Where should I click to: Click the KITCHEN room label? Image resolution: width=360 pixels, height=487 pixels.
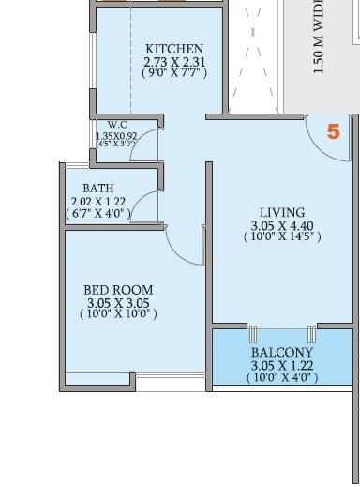[x=174, y=49]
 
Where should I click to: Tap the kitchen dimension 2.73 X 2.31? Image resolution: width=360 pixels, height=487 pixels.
[x=174, y=61]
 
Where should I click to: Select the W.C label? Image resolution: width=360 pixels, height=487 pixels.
[x=117, y=125]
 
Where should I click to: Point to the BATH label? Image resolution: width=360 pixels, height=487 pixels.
[x=98, y=189]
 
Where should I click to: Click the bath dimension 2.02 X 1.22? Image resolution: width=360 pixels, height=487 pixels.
[x=97, y=201]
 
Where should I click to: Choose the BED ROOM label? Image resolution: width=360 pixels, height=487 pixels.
[x=118, y=290]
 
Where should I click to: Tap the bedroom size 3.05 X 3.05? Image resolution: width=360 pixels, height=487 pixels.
[x=118, y=303]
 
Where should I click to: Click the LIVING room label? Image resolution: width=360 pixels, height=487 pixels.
[x=282, y=213]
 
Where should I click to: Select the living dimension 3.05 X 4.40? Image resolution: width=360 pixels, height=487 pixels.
[x=282, y=225]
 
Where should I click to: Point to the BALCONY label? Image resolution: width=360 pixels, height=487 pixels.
[x=282, y=353]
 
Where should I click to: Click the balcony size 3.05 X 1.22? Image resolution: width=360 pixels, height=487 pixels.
[x=282, y=365]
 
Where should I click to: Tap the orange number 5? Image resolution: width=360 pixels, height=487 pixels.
[x=333, y=131]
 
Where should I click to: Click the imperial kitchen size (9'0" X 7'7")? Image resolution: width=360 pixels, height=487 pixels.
[x=174, y=72]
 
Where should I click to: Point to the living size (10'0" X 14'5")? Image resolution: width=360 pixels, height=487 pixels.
[x=282, y=237]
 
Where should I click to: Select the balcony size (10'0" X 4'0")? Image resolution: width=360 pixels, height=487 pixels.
[x=282, y=377]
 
